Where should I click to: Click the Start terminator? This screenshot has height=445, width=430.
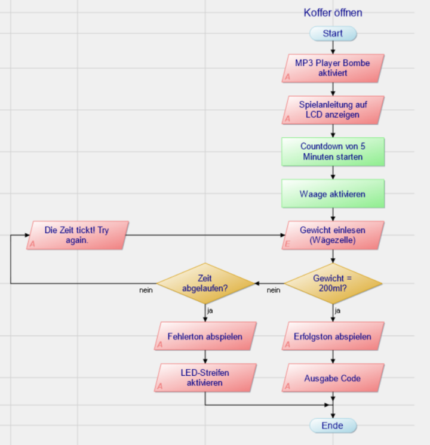333,33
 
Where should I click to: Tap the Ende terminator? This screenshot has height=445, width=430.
333,425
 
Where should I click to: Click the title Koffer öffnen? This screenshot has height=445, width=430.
333,13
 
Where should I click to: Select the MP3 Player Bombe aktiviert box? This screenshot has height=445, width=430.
333,68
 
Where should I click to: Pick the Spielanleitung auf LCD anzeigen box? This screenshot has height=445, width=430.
333,110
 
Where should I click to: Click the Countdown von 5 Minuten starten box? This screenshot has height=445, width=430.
333,152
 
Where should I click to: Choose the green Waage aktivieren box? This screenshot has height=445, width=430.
333,193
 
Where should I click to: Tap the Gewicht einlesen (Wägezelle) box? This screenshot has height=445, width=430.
333,235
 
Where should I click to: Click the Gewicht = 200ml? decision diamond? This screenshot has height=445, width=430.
333,283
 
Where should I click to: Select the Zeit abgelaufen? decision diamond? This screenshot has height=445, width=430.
205,283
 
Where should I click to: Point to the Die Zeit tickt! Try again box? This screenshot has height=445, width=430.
77,235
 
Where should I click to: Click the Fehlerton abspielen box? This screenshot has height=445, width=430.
205,336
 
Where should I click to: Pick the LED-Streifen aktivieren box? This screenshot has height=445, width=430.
205,378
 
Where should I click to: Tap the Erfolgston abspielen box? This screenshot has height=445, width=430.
333,336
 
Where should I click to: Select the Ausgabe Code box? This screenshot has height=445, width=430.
333,378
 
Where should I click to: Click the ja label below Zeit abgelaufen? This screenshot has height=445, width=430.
210,310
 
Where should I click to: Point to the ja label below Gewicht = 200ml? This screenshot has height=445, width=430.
337,310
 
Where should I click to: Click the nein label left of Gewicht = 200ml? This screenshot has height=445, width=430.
274,290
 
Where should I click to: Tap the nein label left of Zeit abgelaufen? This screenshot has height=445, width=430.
146,290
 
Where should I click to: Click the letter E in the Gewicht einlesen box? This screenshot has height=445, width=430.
287,244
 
